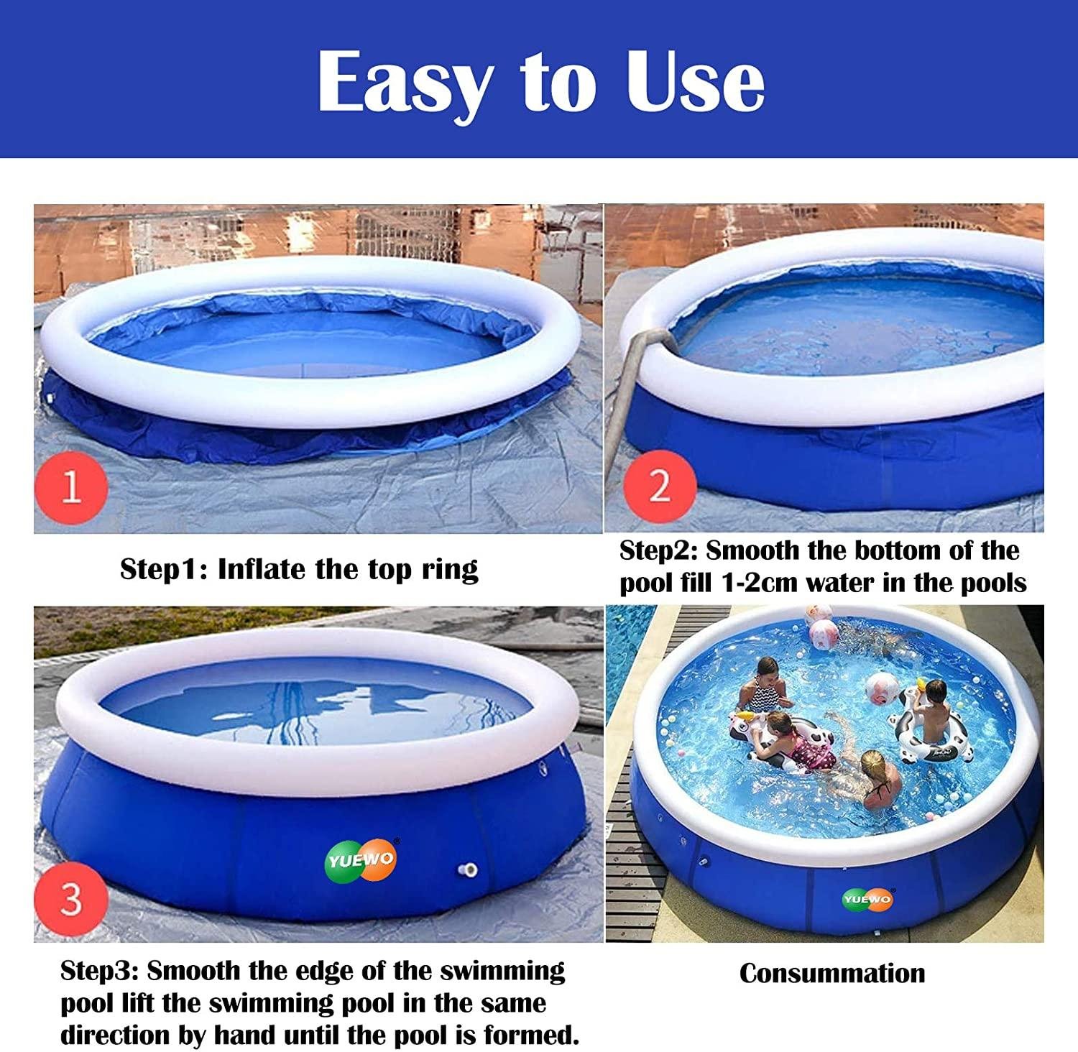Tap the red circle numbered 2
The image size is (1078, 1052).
660,486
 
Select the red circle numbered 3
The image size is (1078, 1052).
70,898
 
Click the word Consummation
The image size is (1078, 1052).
832,973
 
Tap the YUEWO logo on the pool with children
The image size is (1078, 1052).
868,900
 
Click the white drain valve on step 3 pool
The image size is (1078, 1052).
468,871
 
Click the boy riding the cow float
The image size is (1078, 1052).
933,711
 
